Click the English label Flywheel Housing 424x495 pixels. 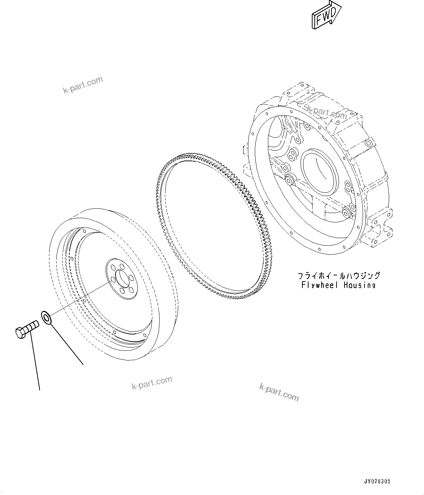click(338, 285)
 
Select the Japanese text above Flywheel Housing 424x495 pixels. click(338, 276)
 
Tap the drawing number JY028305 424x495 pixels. click(377, 482)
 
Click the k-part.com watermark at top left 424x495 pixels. click(83, 85)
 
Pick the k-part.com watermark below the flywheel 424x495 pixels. click(152, 383)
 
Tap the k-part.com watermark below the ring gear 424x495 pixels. click(279, 392)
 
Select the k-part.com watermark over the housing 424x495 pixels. click(327, 112)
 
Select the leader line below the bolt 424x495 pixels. click(35, 362)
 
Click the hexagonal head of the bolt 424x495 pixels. click(20, 332)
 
